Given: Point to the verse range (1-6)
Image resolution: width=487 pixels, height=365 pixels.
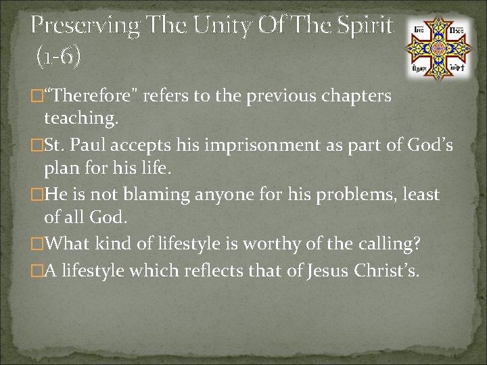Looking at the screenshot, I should coord(58,56).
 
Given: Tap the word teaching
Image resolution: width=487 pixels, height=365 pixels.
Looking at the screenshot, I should coord(80,119).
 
